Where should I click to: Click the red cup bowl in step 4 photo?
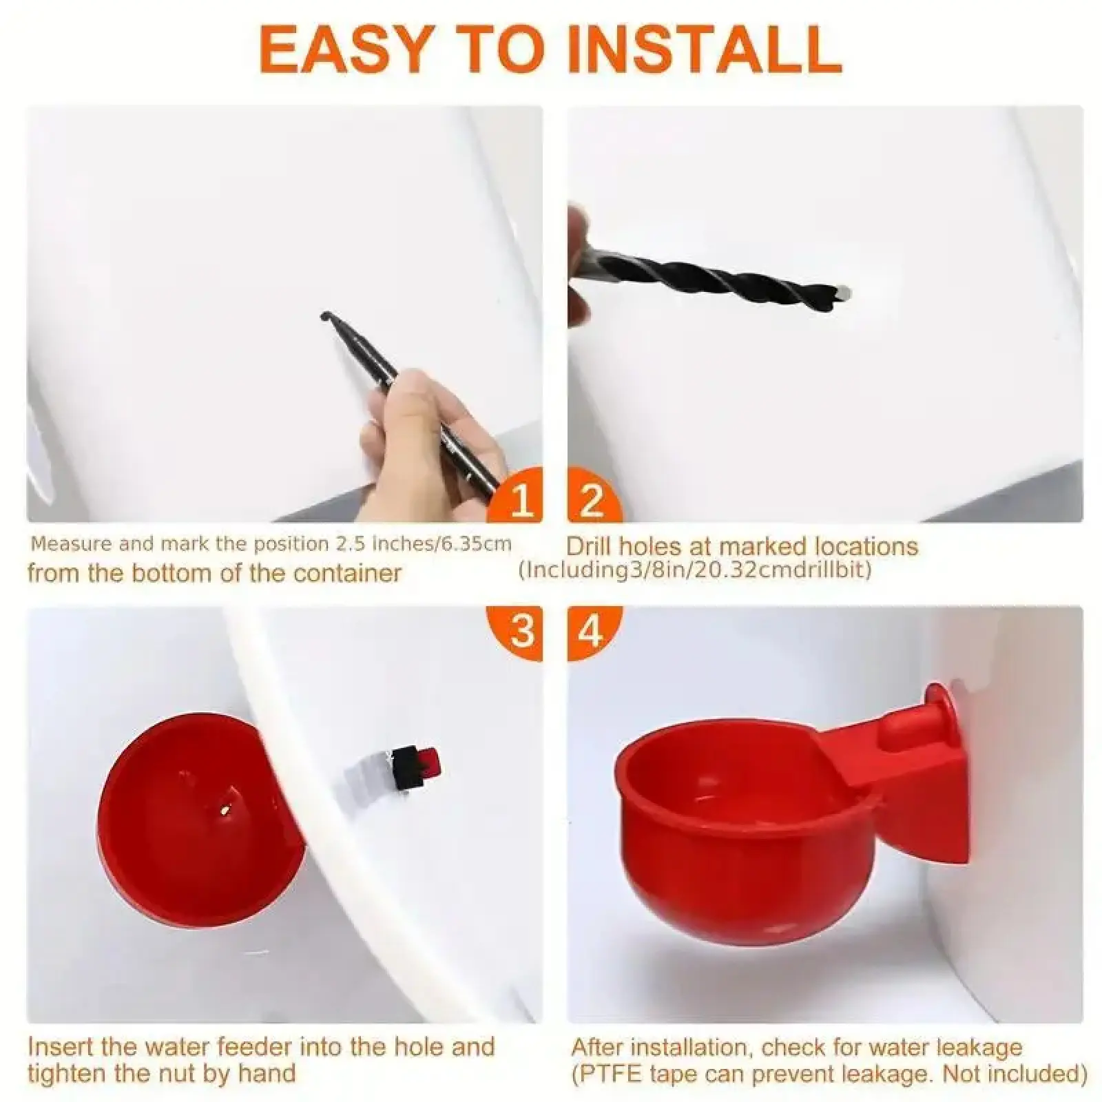(751, 831)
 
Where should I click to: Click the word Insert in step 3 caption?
(60, 1047)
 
